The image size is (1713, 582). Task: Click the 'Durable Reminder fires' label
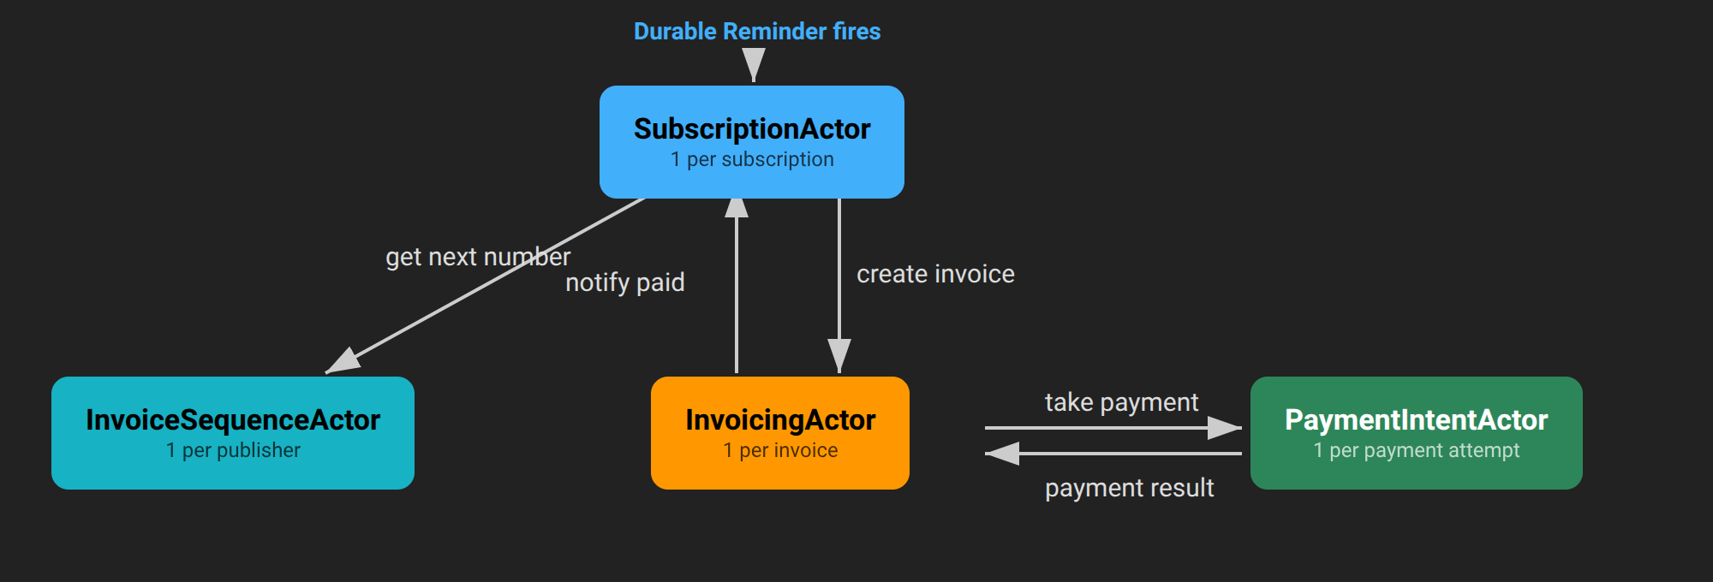coord(756,32)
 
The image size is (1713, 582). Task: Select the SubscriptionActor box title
coord(752,129)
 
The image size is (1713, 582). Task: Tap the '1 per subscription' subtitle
coord(752,160)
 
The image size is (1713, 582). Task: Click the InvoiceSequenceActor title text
coord(233,420)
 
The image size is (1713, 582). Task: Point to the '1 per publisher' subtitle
coord(233,451)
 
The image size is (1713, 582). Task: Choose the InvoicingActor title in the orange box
coord(780,420)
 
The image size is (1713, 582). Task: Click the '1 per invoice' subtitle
coord(780,451)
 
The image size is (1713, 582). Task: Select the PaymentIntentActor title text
coord(1417,420)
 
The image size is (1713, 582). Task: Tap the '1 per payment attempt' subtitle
coord(1417,451)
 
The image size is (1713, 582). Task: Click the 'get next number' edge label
coord(478,258)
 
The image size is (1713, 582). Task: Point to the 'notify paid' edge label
coord(625,283)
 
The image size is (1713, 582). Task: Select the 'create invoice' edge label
coord(935,275)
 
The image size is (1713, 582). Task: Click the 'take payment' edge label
coord(1121,402)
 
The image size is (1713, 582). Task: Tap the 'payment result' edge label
coord(1129,489)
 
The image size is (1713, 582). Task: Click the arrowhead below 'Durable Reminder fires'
coord(754,63)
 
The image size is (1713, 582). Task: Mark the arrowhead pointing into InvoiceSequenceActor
coord(344,361)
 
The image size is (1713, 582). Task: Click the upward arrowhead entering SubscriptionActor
coord(737,209)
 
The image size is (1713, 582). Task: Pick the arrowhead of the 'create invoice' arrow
coord(839,354)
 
